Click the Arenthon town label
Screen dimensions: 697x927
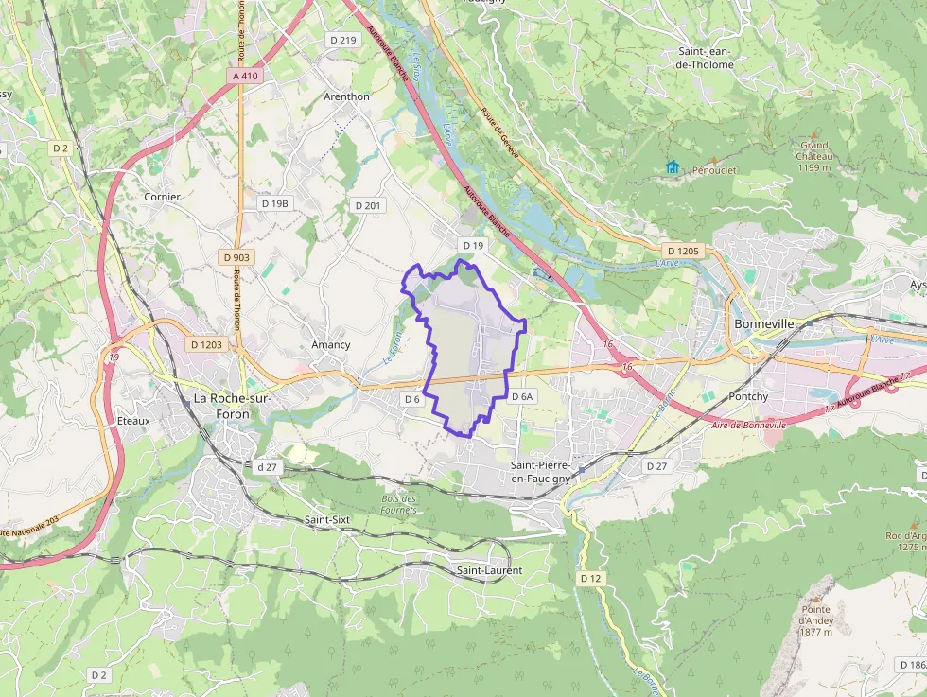(346, 96)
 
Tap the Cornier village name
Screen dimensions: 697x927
(162, 197)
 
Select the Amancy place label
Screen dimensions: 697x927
(330, 345)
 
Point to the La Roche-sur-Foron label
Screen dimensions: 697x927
(232, 405)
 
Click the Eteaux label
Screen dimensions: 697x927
(133, 420)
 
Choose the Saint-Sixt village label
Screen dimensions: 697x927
(328, 520)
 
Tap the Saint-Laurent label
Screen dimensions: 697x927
(489, 570)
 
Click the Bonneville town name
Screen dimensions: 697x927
(762, 322)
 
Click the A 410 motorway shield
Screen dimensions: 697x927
(244, 75)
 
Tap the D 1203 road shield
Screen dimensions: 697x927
(204, 345)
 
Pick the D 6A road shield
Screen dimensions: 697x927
(523, 397)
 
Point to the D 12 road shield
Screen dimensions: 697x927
(590, 578)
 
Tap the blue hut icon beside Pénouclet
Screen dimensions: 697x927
(673, 167)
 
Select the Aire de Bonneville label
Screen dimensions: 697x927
(748, 426)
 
